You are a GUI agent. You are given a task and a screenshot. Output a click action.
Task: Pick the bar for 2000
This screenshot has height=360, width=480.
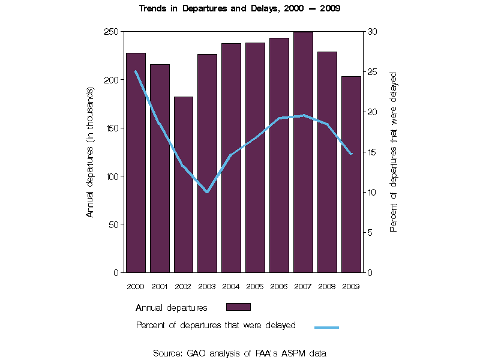click(136, 163)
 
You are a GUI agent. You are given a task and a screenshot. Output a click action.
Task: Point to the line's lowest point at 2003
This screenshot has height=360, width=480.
click(207, 192)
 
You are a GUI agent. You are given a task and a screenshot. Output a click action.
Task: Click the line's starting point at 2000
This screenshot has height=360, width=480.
click(136, 71)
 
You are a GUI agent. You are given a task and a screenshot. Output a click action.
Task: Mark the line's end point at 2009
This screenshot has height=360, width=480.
click(351, 154)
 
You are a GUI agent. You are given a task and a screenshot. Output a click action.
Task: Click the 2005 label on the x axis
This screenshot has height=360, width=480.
click(255, 286)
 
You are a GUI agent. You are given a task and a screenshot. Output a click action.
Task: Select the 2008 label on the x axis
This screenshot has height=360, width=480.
click(327, 286)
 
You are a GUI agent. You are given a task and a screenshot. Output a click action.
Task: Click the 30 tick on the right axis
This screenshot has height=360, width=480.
click(371, 31)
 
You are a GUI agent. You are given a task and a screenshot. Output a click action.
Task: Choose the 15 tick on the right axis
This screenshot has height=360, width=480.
click(371, 152)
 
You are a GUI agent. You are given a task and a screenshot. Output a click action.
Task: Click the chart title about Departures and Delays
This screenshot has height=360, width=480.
click(240, 9)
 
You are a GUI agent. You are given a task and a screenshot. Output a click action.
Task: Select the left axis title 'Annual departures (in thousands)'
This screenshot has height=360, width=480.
click(91, 152)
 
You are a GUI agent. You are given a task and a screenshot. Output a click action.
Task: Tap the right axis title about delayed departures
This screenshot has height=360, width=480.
click(394, 152)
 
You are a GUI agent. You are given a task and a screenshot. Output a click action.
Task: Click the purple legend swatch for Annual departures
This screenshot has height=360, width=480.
click(238, 307)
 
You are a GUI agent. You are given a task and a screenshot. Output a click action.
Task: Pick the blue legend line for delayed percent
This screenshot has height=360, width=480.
click(327, 327)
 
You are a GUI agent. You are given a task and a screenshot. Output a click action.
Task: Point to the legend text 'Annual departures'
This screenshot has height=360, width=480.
click(172, 308)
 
